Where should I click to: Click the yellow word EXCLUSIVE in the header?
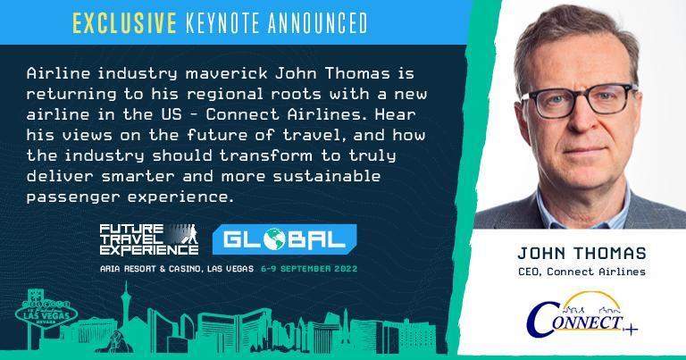124,23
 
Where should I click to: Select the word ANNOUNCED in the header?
318,23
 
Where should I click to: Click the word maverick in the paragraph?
226,73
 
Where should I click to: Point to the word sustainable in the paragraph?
327,176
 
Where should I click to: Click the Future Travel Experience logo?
149,239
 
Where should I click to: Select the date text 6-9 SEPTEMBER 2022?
309,269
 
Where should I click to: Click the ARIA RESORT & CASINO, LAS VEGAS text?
177,269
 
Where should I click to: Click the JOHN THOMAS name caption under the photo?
581,253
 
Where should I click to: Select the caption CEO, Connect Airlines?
581,272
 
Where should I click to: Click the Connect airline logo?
581,315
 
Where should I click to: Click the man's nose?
580,121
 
